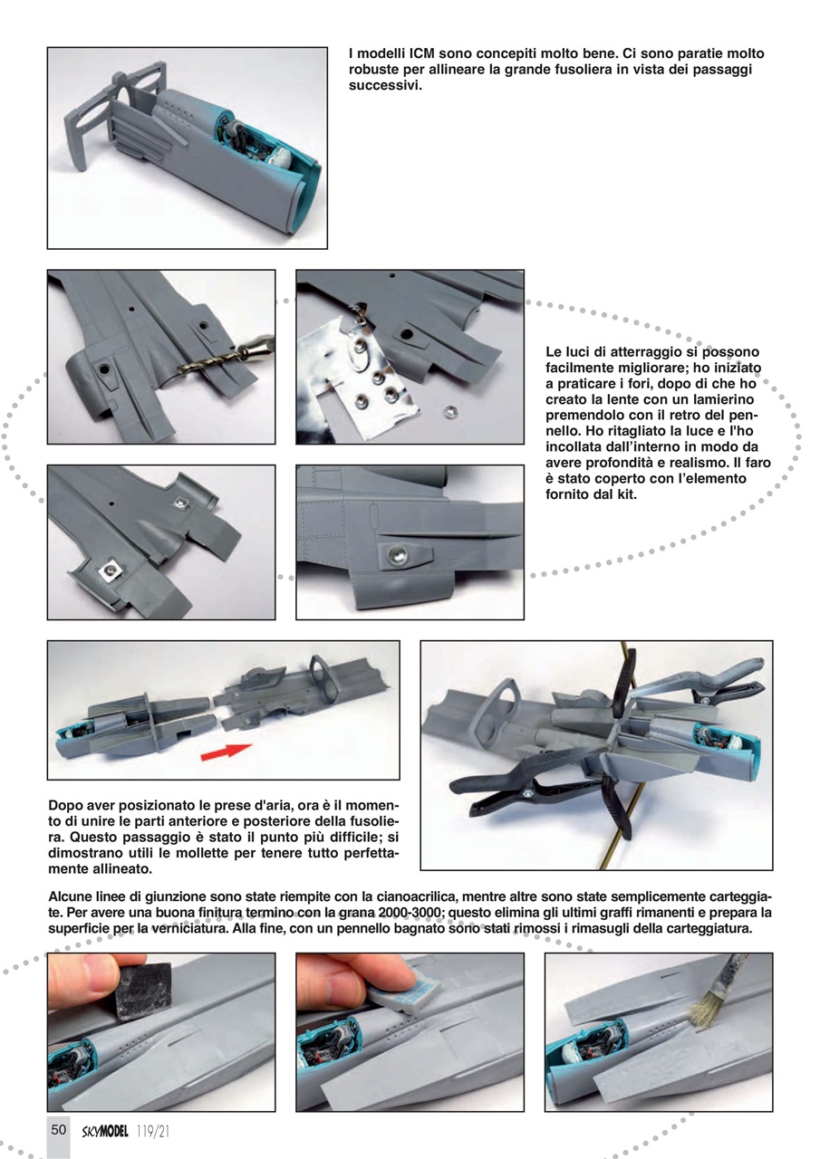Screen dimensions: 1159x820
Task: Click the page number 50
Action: pyautogui.click(x=58, y=1129)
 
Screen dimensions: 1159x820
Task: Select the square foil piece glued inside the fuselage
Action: pyautogui.click(x=111, y=570)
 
